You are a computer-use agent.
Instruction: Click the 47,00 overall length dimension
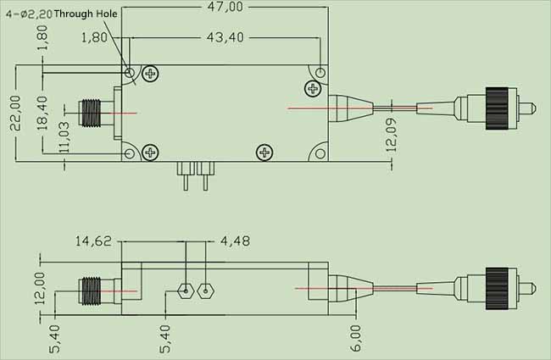tap(225, 7)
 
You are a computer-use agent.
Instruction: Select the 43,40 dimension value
tap(225, 38)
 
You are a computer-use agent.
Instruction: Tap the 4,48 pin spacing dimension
tap(236, 241)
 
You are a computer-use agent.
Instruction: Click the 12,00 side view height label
tap(39, 290)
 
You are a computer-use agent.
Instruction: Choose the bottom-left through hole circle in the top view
tap(129, 153)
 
